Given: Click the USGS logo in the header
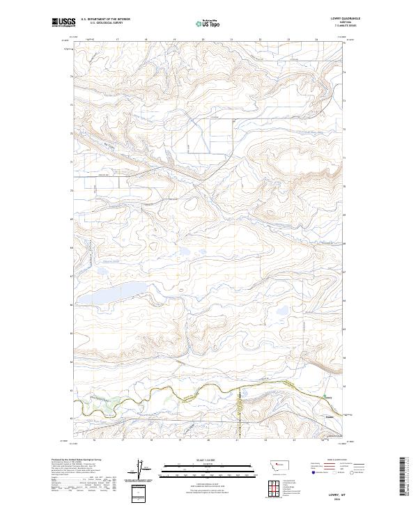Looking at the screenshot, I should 63,22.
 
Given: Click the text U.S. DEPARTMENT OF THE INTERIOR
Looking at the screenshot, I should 105,19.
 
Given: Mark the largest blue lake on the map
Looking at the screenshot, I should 111,293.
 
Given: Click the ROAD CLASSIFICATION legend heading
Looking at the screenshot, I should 338,460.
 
